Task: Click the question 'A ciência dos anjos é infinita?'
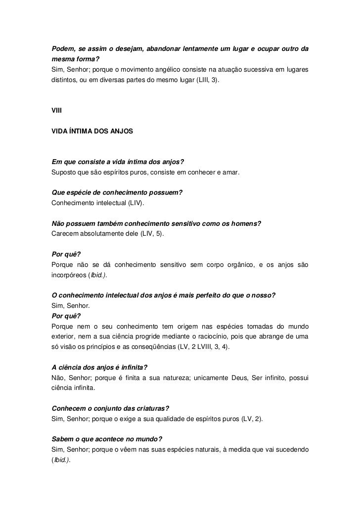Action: (100, 368)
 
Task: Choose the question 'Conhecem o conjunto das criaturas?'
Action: (110, 408)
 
